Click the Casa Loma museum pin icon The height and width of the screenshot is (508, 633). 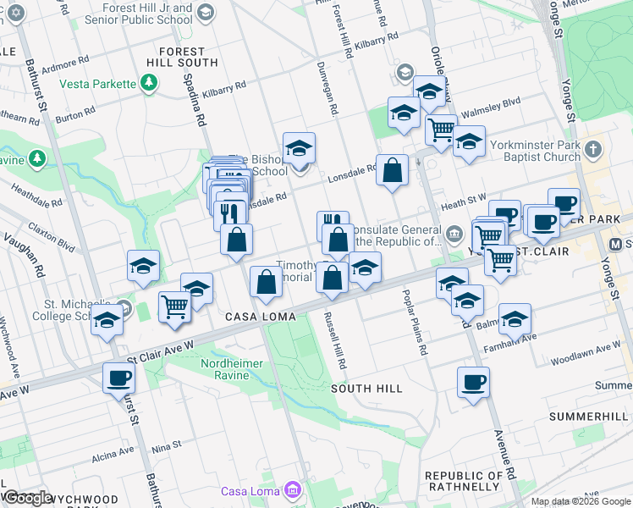[293, 490]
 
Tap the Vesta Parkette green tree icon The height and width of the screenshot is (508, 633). [150, 83]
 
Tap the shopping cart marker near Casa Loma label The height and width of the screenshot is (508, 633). [174, 306]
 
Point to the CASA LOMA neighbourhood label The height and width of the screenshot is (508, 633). [261, 317]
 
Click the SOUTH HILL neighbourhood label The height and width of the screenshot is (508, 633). [366, 388]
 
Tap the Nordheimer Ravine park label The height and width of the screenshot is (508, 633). [232, 364]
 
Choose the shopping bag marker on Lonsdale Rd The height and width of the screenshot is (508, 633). [393, 171]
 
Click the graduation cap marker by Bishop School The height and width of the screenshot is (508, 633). [299, 149]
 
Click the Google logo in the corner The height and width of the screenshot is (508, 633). [28, 497]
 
